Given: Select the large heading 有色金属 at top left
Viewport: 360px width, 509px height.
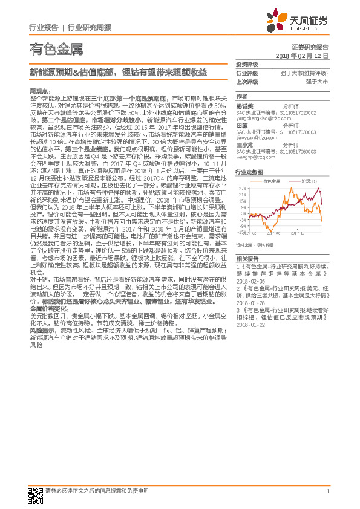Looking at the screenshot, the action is coord(56,49).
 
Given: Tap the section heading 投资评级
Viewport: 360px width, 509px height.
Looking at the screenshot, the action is coord(247,64).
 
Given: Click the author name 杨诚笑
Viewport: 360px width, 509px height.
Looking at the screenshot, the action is coord(244,105).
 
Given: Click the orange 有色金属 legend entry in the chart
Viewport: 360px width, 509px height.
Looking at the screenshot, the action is coord(270,181).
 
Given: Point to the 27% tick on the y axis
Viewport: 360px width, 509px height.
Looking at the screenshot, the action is coord(243,189).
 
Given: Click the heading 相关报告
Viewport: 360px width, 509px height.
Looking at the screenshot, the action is coord(247,258).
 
